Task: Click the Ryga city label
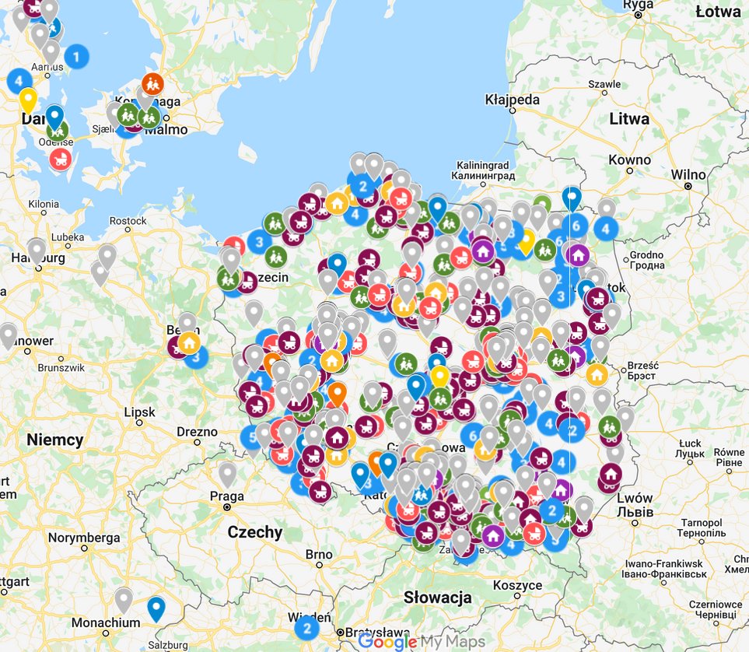click(x=638, y=5)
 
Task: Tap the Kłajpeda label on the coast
click(x=512, y=100)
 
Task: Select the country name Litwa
click(x=629, y=119)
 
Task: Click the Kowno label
click(x=631, y=159)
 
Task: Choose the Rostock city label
click(x=128, y=221)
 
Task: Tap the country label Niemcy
click(x=54, y=440)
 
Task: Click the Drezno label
click(x=198, y=432)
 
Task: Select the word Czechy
click(x=255, y=532)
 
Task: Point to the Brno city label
click(x=319, y=555)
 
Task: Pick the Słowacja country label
click(x=438, y=598)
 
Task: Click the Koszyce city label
click(x=517, y=585)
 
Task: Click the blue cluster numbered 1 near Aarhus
click(x=76, y=56)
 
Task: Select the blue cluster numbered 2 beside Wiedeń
click(x=306, y=627)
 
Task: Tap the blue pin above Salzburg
click(x=156, y=608)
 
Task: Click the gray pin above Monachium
click(x=124, y=598)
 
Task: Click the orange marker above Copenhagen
click(x=152, y=82)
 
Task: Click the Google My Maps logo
click(x=422, y=642)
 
